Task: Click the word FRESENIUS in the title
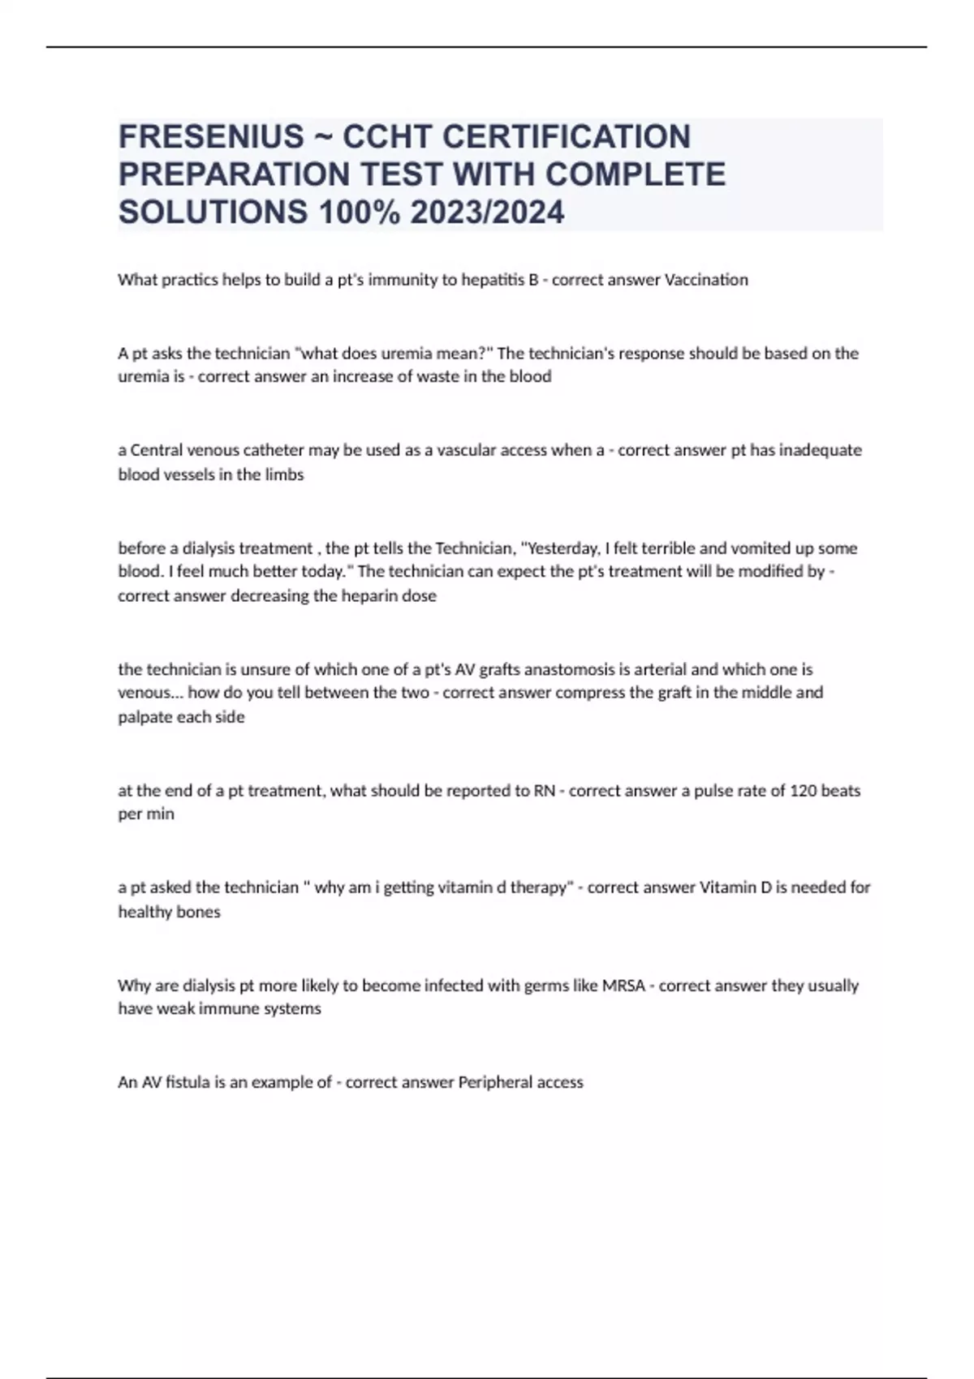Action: [211, 137]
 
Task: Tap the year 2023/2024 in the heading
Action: [487, 213]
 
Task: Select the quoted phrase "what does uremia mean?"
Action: [394, 353]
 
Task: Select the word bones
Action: [199, 912]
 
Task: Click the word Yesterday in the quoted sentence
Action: [565, 548]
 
